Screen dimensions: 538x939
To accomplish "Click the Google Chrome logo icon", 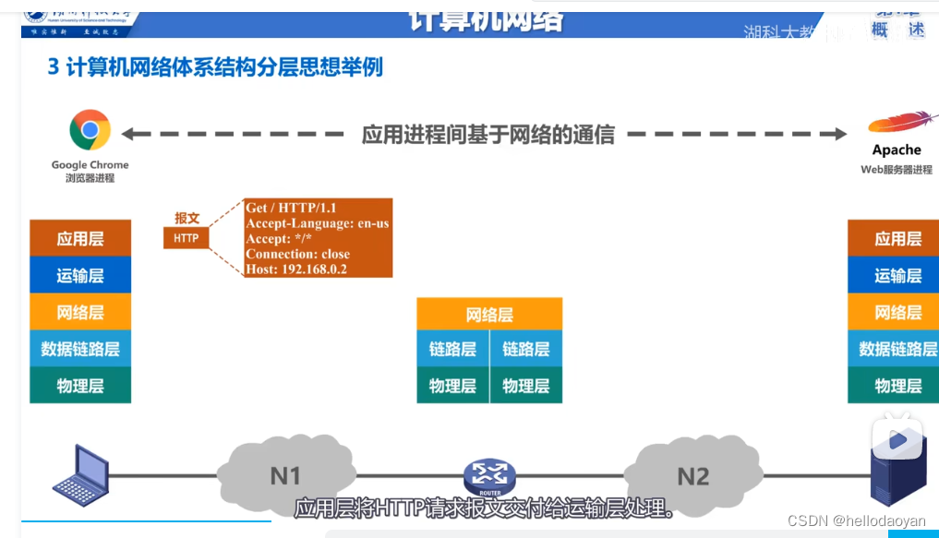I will pos(90,130).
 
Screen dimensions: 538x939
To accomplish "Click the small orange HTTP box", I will pos(187,238).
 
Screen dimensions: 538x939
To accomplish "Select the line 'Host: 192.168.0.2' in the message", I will pos(296,269).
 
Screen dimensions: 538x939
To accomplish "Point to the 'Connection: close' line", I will pos(297,254).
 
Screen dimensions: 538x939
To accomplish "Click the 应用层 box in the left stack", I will pos(80,239).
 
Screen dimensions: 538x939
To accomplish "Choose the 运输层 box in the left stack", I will pos(80,276).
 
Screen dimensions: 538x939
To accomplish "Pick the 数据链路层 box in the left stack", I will pos(80,349).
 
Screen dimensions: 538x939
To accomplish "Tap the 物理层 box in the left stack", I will pos(80,386).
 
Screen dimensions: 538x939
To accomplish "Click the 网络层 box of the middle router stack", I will pos(489,315).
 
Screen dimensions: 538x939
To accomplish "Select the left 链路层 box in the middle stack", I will pos(452,350).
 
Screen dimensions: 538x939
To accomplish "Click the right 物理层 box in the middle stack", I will pos(526,386).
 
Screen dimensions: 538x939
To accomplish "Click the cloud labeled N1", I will pos(285,476).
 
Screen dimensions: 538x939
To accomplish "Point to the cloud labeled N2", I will pos(693,476).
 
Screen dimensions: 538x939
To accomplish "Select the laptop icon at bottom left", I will pos(80,475).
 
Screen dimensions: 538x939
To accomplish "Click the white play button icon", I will pos(897,439).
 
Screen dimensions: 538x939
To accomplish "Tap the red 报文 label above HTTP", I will pos(187,219).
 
